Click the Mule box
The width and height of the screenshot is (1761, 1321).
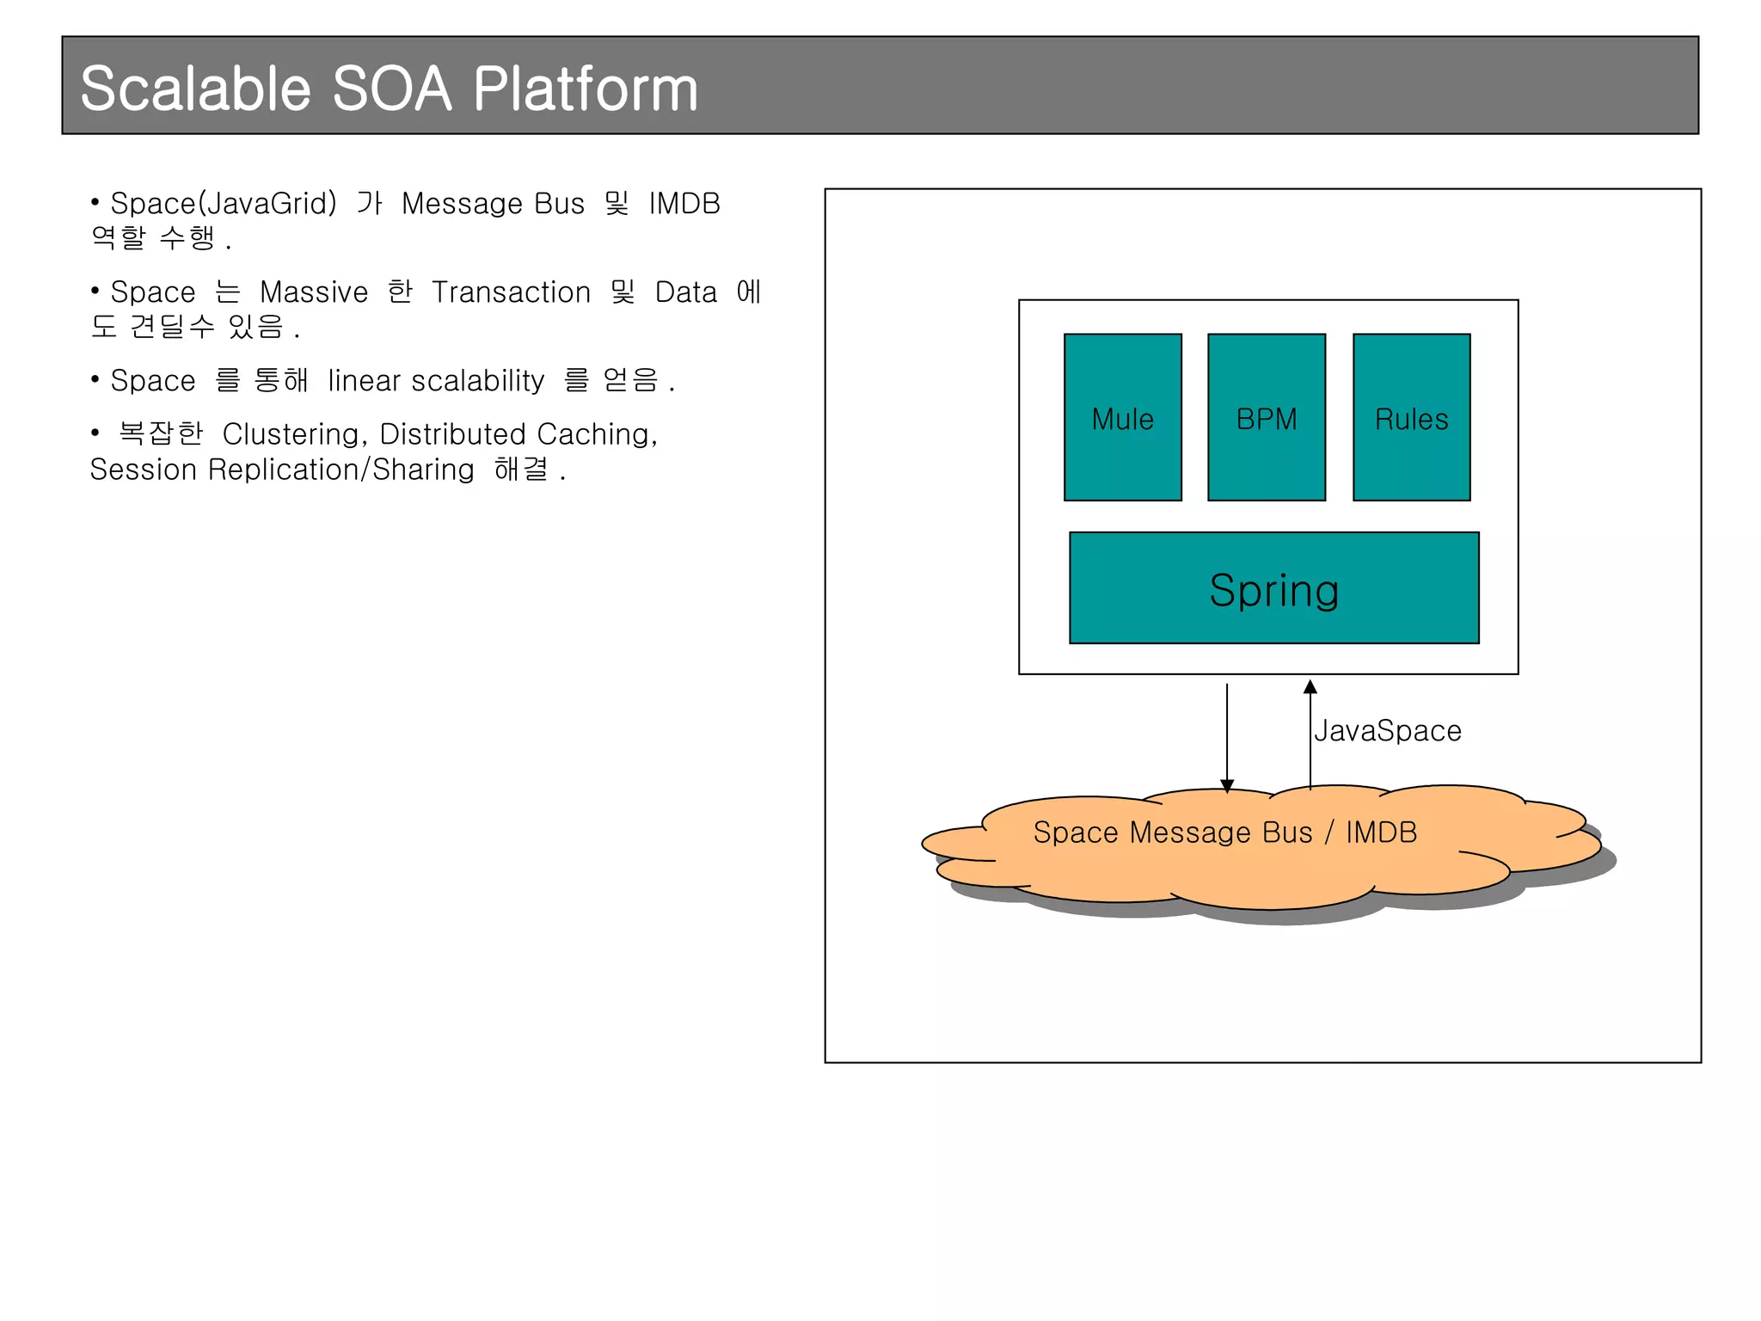point(1122,417)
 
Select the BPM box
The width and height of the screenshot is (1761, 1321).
point(1266,417)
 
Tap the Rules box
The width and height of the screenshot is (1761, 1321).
point(1411,417)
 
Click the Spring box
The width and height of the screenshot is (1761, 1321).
point(1273,588)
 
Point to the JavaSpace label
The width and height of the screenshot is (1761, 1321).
point(1387,731)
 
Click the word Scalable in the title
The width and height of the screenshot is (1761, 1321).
point(195,89)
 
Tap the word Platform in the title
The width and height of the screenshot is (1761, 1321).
point(585,89)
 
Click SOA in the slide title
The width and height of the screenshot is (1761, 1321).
point(391,89)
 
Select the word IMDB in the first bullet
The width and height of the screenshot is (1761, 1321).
point(684,204)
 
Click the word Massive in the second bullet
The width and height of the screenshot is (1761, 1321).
point(314,292)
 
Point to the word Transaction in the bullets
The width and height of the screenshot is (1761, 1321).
point(511,292)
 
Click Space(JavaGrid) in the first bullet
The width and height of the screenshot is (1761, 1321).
point(224,204)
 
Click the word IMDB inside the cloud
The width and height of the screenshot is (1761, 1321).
point(1381,833)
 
